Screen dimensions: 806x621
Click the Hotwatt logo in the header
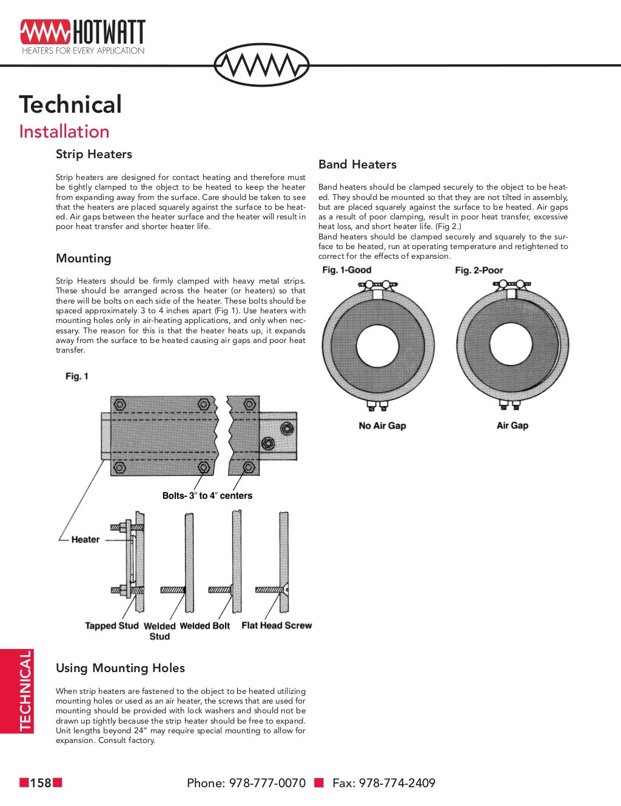coord(82,36)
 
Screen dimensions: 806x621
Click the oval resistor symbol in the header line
coord(262,64)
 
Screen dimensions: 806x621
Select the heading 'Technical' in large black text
coord(70,104)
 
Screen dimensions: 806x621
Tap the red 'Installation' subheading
coord(64,132)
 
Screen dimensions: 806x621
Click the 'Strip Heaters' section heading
coord(94,154)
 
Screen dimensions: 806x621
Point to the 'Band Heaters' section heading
coord(357,164)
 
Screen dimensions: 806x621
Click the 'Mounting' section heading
coord(84,258)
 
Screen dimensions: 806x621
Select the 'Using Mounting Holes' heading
coord(120,668)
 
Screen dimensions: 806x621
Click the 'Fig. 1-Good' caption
coord(346,270)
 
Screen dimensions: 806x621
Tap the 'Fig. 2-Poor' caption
coord(479,270)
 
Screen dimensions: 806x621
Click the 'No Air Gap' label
coord(382,425)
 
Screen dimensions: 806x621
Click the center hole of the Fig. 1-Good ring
coord(378,346)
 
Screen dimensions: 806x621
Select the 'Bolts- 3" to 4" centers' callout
coord(207,495)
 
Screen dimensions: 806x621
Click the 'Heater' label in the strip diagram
coord(85,539)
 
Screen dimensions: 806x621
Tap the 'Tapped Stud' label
coord(112,625)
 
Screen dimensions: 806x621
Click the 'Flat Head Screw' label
coord(277,625)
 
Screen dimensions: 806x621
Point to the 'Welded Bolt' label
coord(205,626)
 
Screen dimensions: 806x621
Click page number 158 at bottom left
coord(41,783)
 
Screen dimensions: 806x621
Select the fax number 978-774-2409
coord(397,783)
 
